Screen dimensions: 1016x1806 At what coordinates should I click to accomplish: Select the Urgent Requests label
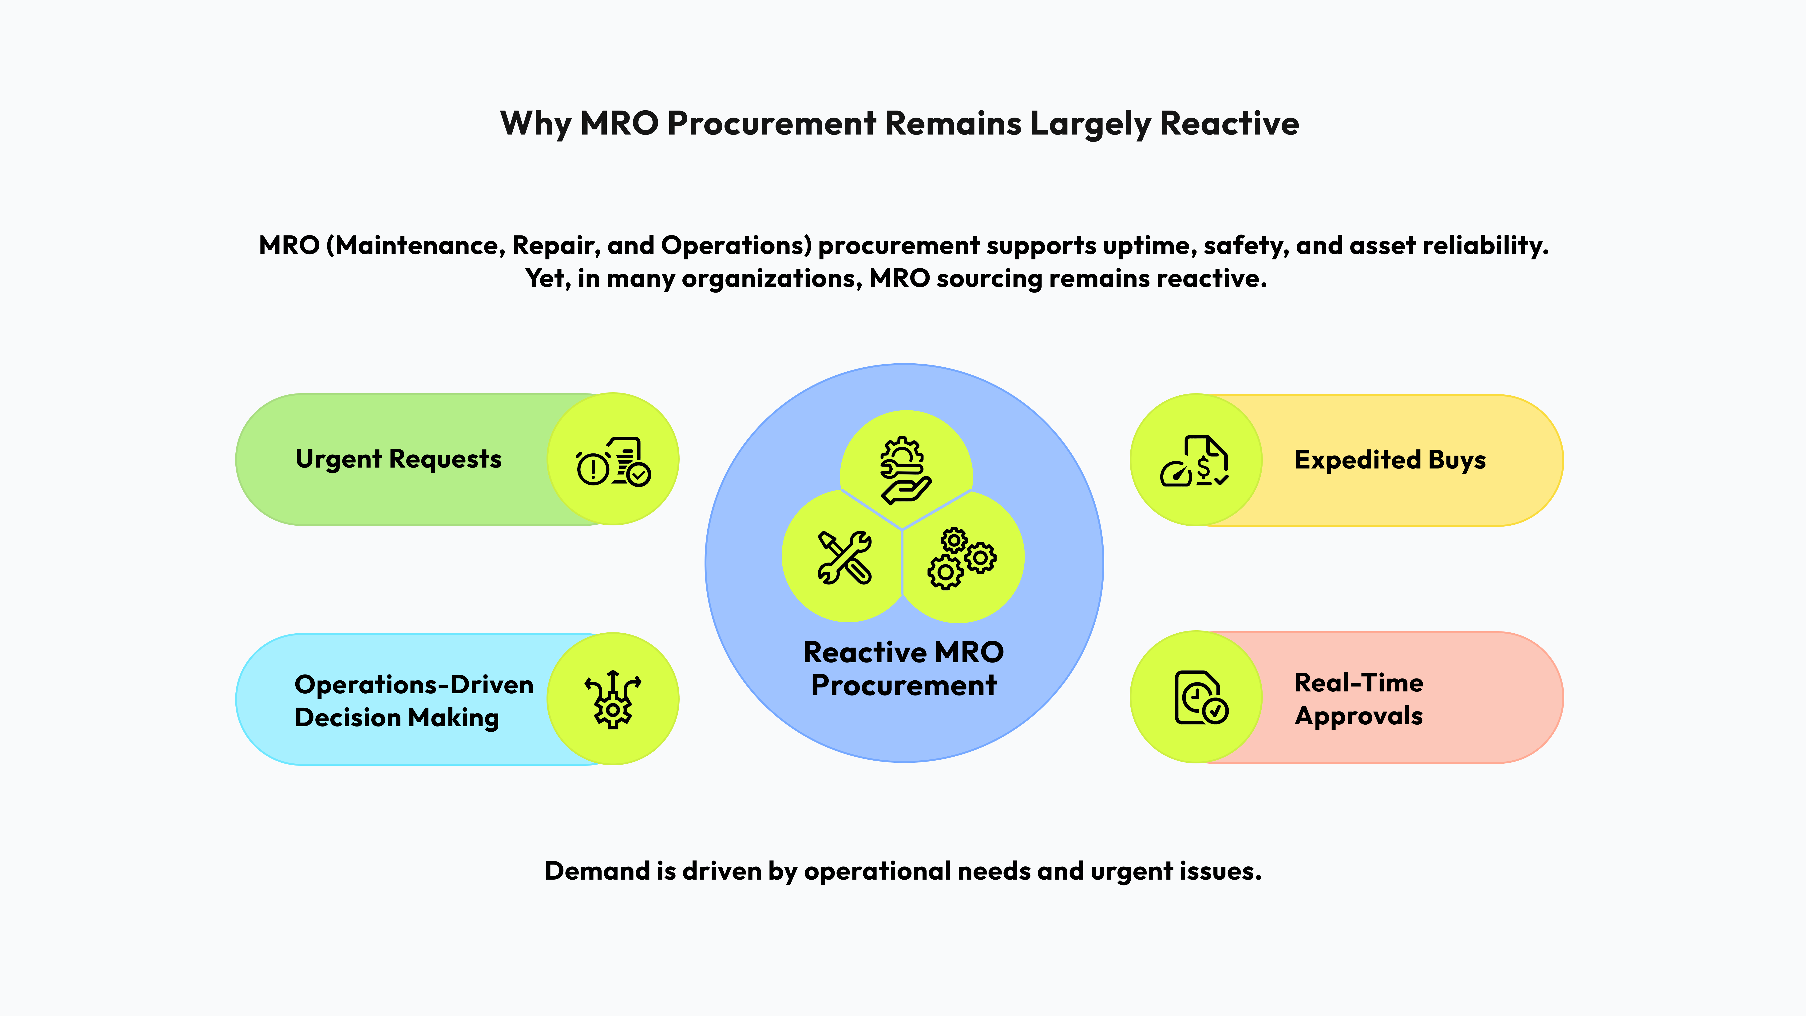(398, 459)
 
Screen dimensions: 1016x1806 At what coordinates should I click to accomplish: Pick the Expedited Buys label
(1390, 460)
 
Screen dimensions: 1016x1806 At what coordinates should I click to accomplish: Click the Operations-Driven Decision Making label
(414, 700)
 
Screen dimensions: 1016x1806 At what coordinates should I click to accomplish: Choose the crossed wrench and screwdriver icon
(845, 557)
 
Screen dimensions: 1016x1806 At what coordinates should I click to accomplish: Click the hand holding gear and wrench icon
(905, 470)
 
